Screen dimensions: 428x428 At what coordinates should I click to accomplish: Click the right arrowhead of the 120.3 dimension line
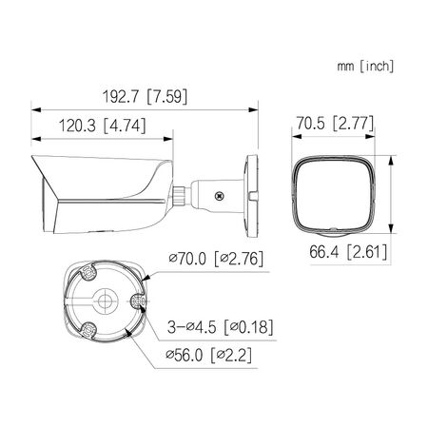pos(175,136)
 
